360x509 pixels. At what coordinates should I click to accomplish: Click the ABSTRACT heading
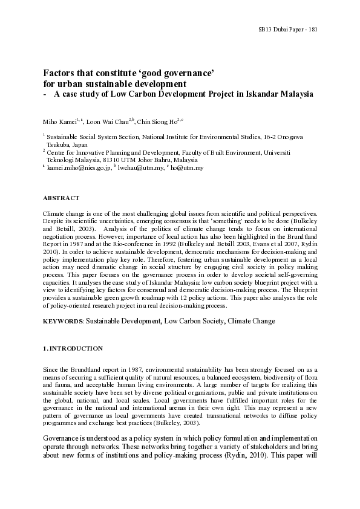click(61, 198)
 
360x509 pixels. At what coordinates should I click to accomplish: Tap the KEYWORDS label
click(63, 320)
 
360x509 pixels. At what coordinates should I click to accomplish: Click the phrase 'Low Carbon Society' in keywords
click(192, 320)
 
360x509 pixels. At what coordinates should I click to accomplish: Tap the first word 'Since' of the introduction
click(51, 369)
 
